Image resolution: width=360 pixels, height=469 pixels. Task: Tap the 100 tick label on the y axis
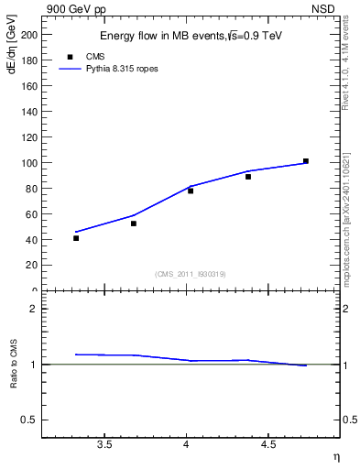tap(30, 163)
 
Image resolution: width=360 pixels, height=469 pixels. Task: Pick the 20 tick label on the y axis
tap(33, 265)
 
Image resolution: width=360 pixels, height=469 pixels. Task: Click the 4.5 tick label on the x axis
tap(268, 446)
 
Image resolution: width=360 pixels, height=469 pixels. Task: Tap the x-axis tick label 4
tap(187, 446)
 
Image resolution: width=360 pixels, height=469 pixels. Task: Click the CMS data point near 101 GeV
tap(306, 161)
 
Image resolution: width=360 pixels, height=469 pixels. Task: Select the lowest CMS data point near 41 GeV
tap(76, 238)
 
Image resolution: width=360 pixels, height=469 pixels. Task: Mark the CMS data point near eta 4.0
tap(191, 191)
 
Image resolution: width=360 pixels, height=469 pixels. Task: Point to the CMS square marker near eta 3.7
tap(134, 224)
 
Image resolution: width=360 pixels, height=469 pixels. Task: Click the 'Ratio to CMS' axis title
tap(14, 364)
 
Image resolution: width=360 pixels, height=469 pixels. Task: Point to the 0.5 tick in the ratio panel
tap(32, 420)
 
